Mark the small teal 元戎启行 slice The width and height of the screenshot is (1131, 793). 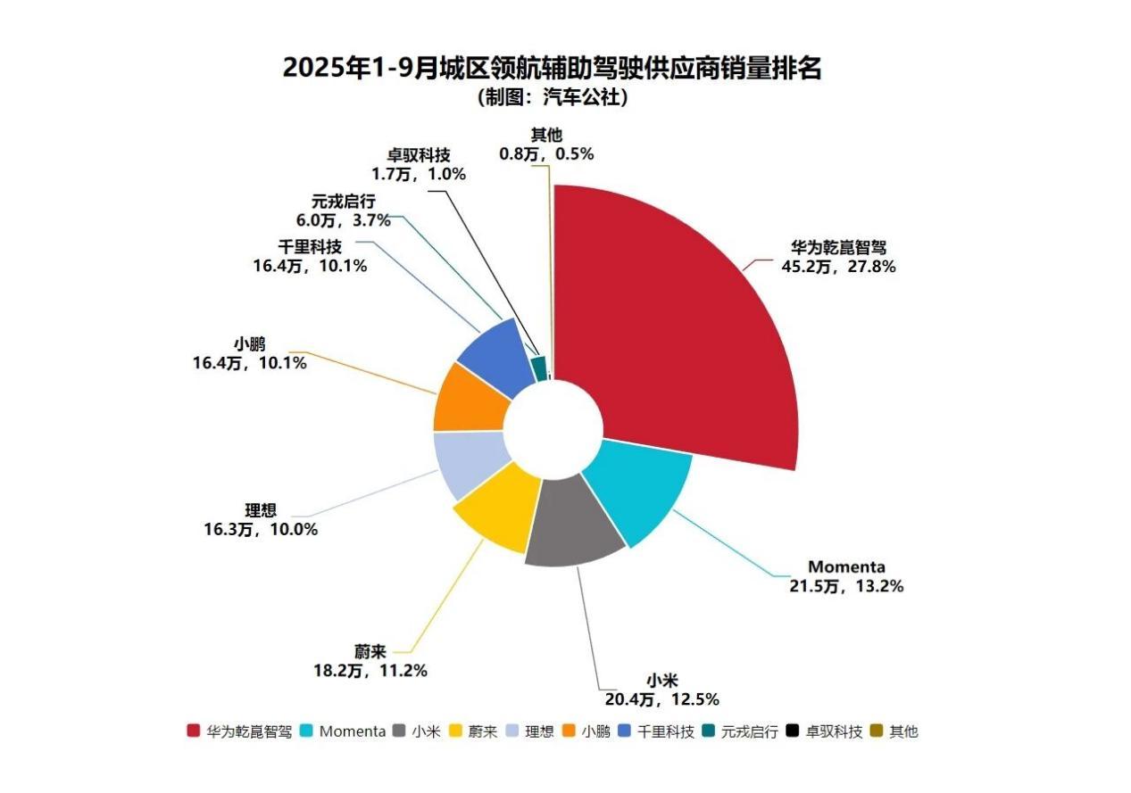pyautogui.click(x=538, y=368)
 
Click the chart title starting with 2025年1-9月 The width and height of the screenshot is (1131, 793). pyautogui.click(x=552, y=68)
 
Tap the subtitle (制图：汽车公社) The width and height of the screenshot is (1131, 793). pyautogui.click(x=552, y=97)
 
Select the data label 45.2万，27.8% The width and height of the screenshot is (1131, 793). pyautogui.click(x=840, y=266)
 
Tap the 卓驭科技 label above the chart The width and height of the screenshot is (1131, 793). pyautogui.click(x=419, y=155)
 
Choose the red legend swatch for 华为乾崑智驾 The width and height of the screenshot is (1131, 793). pyautogui.click(x=193, y=731)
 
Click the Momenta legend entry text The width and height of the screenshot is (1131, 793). pyautogui.click(x=352, y=731)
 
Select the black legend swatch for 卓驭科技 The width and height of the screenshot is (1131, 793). pyautogui.click(x=792, y=731)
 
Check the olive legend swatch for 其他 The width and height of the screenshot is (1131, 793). pyautogui.click(x=877, y=731)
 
